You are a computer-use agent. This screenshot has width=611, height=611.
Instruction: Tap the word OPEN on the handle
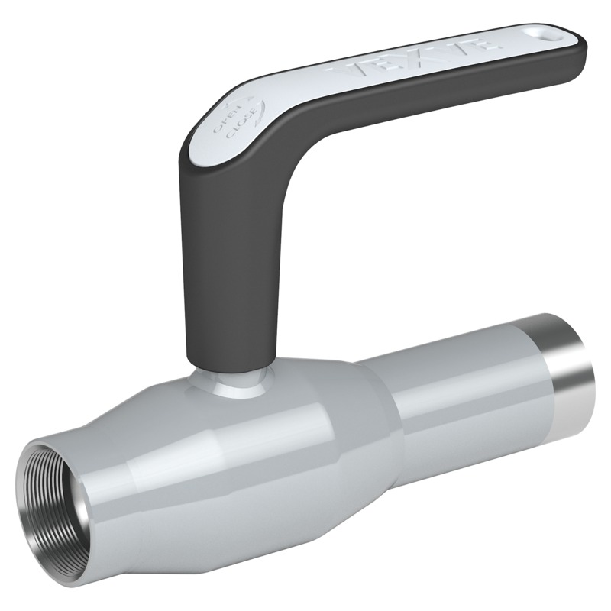[x=228, y=121]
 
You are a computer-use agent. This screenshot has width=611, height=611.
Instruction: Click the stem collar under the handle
[x=237, y=382]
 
